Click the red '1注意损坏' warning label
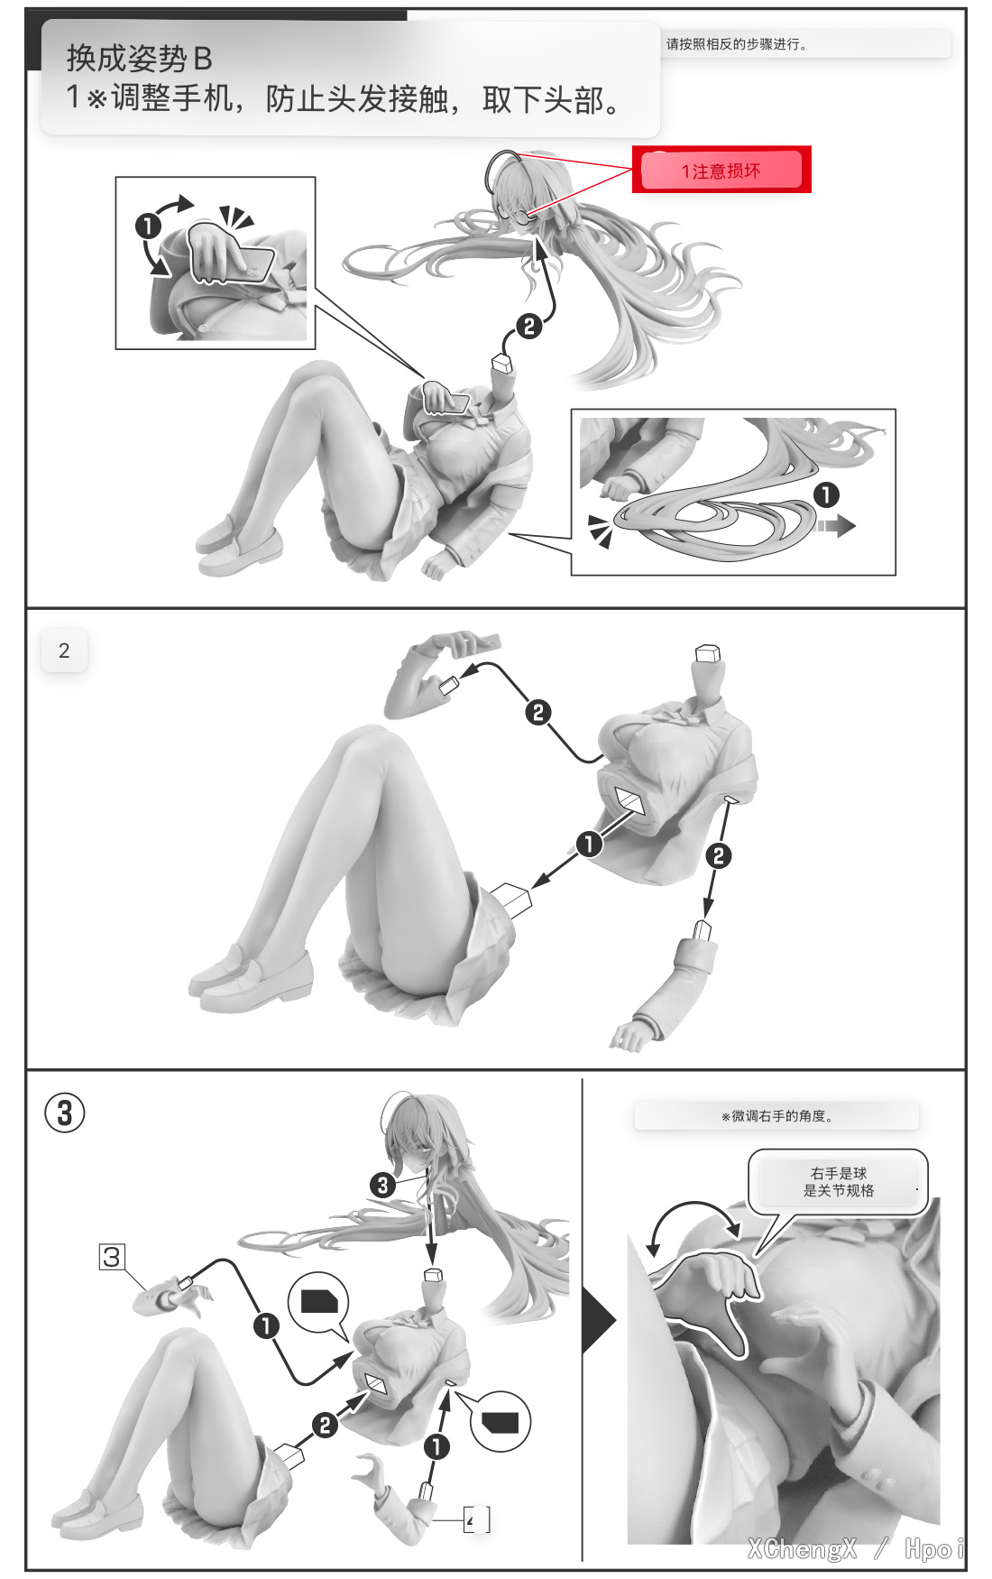point(721,170)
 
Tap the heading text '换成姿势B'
point(139,59)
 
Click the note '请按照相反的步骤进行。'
point(737,44)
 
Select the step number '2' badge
point(64,651)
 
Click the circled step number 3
point(65,1113)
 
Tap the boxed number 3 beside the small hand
point(112,1257)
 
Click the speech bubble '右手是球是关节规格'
point(838,1182)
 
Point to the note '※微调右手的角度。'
point(777,1116)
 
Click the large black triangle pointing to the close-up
point(599,1321)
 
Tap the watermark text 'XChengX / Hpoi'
point(856,1549)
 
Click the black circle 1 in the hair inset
point(826,494)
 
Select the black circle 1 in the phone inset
point(148,226)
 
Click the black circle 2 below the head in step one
point(529,326)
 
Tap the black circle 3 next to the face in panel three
point(383,1185)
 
